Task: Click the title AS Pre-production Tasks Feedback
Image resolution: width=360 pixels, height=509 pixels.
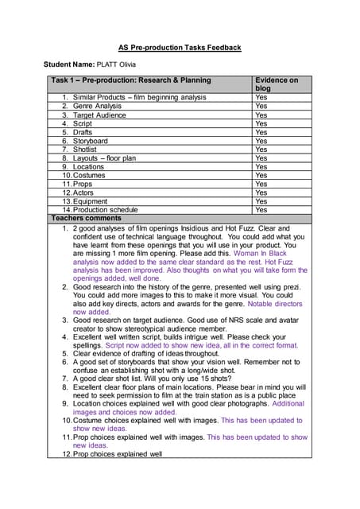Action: click(179, 48)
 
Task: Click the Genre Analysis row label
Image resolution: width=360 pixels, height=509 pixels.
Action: click(97, 106)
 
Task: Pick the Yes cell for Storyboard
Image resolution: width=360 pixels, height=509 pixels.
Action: click(261, 141)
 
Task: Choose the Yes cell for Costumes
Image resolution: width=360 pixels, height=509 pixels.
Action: click(261, 175)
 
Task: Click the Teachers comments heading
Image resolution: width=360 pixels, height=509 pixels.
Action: click(86, 218)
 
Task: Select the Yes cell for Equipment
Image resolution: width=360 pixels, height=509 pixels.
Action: click(261, 201)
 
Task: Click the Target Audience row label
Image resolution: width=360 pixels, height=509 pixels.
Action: click(100, 115)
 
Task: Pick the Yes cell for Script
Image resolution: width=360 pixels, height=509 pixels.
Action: click(261, 123)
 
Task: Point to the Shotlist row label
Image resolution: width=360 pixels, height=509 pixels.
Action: click(89, 150)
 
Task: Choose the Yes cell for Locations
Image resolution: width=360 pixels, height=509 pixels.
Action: click(261, 167)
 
